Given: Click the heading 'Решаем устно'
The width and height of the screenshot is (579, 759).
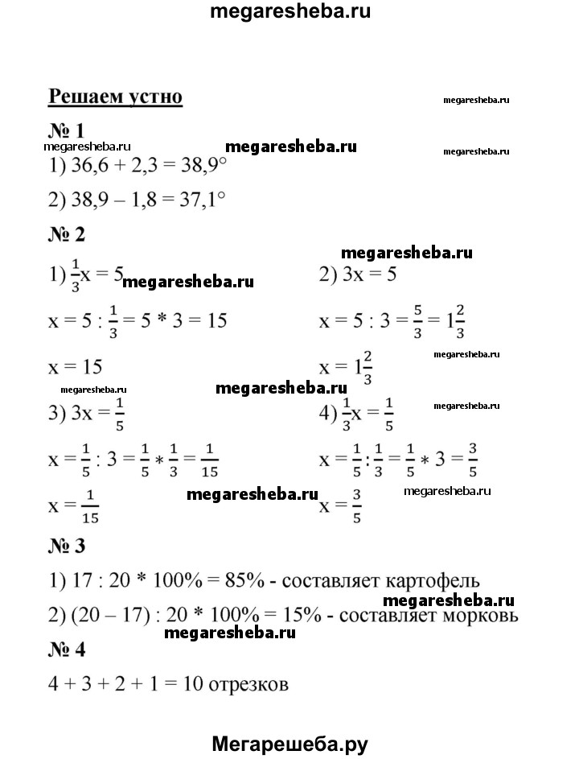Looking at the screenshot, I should tap(116, 97).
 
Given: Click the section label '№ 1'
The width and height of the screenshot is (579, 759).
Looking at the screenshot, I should tap(67, 131).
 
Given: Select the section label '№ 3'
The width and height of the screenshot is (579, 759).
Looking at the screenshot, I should tap(67, 547).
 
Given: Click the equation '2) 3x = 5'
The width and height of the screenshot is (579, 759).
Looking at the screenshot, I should tap(359, 274).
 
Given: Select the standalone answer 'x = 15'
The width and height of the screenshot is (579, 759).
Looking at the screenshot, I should tap(75, 367).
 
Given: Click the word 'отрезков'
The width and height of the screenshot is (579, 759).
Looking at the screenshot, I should tap(248, 687).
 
